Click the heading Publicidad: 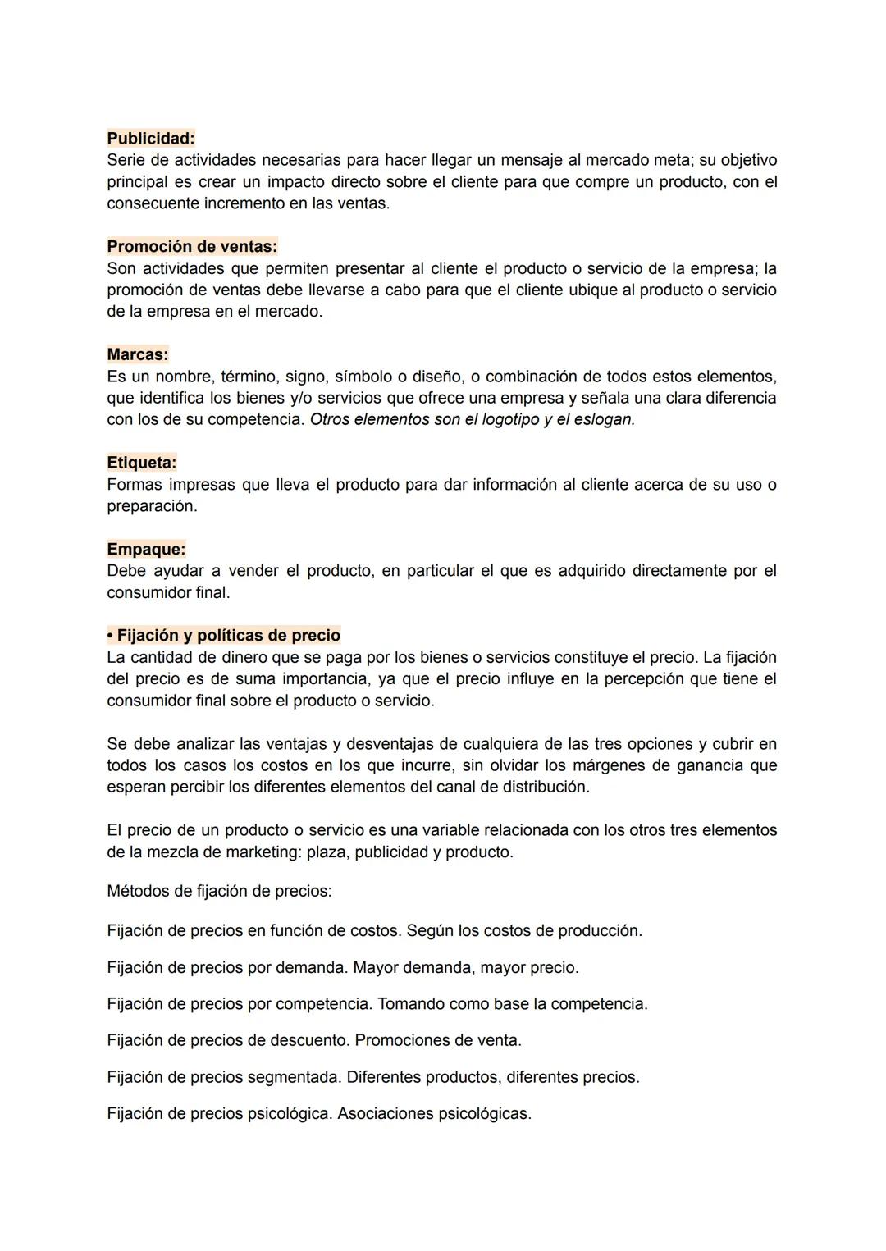151,138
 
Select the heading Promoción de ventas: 192,246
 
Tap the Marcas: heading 137,354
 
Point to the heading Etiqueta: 141,463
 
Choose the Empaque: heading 146,549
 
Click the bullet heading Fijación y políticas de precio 223,635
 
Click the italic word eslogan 606,419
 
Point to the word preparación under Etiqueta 152,506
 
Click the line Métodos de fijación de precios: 219,891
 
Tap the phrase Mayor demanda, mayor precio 465,967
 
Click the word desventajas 405,744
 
